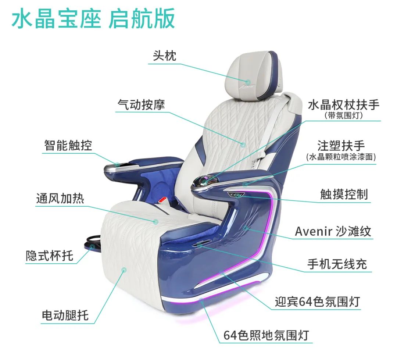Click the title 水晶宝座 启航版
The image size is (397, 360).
tap(93, 19)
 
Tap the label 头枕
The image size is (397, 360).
tap(164, 56)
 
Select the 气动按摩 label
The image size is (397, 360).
tap(141, 104)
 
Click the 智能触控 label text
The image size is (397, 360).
tap(68, 145)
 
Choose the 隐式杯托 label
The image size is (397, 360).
tap(49, 255)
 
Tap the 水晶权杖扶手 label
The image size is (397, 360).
tap(343, 105)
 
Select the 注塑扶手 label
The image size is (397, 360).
tap(341, 145)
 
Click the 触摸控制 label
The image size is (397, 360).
tap(344, 194)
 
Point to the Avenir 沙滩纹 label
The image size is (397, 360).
tap(333, 231)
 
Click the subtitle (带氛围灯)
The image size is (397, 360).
tap(344, 115)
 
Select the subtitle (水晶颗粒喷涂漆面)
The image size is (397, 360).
tap(341, 157)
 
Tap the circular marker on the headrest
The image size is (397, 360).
tap(248, 81)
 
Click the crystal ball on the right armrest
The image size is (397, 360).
tap(203, 180)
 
